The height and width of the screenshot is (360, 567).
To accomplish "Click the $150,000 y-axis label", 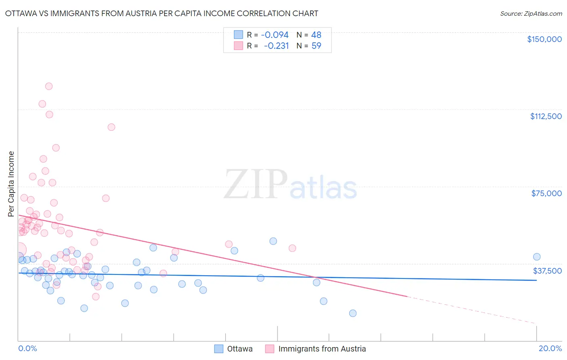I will [544, 39].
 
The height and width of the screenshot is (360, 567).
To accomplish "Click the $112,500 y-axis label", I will [546, 116].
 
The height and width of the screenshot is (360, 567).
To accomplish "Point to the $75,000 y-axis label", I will [546, 193].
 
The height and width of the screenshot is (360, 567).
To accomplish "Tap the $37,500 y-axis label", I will [547, 271].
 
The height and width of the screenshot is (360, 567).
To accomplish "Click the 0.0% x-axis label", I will [27, 348].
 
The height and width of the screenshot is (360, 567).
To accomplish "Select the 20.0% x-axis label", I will [550, 348].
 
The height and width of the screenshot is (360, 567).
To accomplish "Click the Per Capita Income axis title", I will [11, 184].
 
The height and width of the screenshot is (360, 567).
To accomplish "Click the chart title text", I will [161, 14].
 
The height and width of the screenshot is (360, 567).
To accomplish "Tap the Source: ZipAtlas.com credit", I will [531, 14].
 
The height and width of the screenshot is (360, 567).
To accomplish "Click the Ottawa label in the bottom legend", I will [240, 349].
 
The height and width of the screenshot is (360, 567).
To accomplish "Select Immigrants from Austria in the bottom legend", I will [322, 349].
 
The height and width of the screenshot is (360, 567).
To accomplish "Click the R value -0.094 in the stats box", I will [275, 35].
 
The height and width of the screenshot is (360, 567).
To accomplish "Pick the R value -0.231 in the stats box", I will [276, 46].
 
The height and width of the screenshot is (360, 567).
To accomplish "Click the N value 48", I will [316, 35].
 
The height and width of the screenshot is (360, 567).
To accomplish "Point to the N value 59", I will [316, 46].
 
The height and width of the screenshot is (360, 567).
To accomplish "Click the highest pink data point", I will [49, 86].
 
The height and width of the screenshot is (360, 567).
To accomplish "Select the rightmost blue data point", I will [537, 257].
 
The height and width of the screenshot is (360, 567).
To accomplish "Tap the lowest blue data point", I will [353, 313].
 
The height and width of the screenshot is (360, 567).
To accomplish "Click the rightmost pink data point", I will [292, 248].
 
